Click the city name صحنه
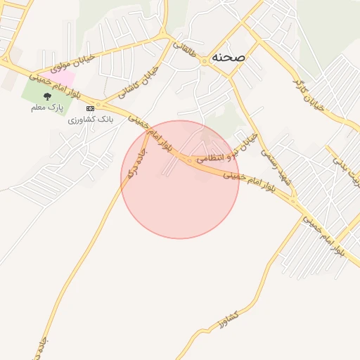226,58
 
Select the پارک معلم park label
47,108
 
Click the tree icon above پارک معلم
47,96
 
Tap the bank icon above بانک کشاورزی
90,108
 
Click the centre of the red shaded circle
180,180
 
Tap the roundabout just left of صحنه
204,61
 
